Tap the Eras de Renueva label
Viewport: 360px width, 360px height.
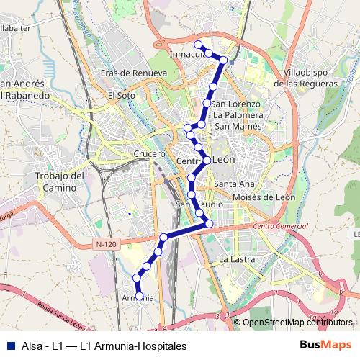(134, 73)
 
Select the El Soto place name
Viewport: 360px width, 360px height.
(121, 95)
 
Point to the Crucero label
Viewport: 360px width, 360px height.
(149, 154)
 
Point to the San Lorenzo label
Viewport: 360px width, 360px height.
(235, 104)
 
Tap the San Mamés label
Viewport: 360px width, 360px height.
(233, 126)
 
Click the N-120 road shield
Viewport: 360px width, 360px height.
(105, 245)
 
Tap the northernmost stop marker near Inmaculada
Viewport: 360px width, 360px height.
(198, 45)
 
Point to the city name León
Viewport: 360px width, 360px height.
(225, 161)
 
